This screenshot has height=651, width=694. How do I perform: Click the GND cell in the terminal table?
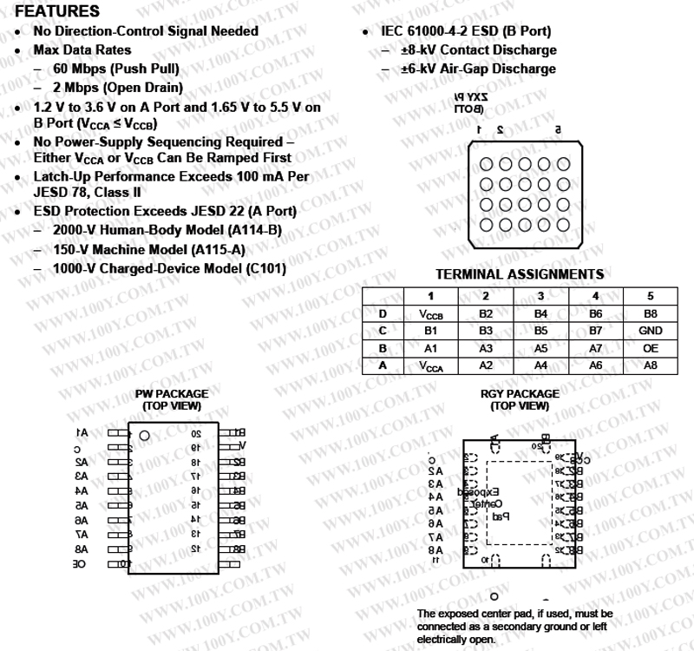click(650, 331)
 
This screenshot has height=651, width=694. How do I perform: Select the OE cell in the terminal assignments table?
click(650, 348)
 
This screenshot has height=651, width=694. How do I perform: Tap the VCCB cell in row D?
click(431, 314)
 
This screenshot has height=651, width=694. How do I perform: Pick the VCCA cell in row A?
click(431, 366)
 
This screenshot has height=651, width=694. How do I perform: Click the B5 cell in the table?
click(540, 331)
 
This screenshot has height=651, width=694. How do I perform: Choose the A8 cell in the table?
click(650, 365)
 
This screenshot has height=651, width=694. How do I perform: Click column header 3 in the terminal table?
click(540, 296)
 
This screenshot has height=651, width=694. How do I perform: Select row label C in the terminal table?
click(382, 331)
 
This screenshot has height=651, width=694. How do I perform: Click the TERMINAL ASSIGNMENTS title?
click(520, 274)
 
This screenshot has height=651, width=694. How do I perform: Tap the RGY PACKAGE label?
click(520, 394)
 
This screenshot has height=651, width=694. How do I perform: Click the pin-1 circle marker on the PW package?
click(145, 434)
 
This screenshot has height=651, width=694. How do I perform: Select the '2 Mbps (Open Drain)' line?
click(118, 88)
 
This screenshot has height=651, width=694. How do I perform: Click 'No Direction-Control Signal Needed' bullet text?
click(146, 31)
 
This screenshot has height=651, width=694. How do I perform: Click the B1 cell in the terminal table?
click(431, 331)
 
